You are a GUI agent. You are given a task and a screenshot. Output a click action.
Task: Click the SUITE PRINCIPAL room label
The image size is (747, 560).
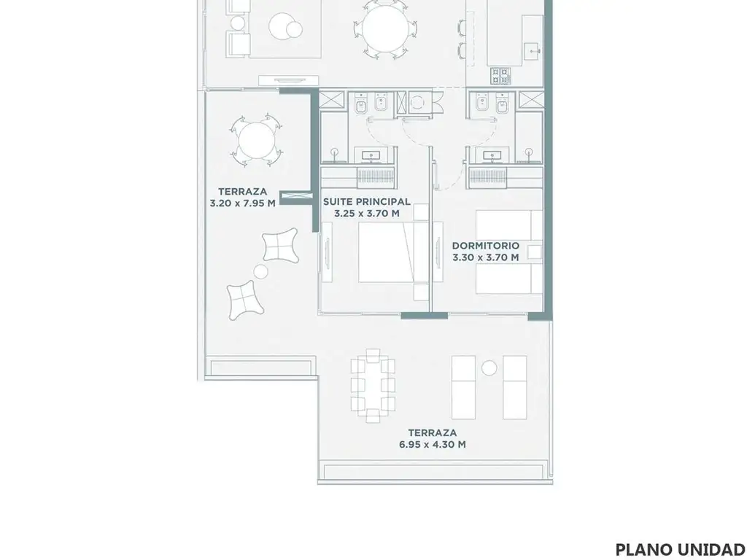pos(366,201)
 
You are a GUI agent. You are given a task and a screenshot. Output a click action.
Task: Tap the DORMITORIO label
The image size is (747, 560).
pos(485,246)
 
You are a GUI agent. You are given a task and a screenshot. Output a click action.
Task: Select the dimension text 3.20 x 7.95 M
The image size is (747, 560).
pos(242,203)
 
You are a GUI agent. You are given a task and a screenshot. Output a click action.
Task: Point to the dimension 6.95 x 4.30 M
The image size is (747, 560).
pos(432,444)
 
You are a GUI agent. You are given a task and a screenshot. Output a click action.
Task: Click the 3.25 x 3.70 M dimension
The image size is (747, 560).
pos(367,214)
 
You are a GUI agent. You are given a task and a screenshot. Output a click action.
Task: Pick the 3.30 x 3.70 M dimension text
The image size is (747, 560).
pos(485,257)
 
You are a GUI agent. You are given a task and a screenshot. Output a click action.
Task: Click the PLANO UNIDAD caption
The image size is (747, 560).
pos(681,550)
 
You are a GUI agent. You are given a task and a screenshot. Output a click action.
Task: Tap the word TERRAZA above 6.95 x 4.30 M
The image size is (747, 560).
pos(432,433)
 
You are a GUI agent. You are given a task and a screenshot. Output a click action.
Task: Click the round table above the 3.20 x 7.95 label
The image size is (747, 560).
pos(256,141)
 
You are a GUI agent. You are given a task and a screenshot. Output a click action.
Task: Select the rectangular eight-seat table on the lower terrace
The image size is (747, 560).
pos(373,386)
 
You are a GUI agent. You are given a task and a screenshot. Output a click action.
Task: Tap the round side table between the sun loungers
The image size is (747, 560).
pos(489,368)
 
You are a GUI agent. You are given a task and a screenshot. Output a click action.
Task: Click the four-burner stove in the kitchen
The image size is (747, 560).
pos(500,76)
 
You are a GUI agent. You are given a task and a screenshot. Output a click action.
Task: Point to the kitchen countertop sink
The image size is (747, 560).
pos(532,49)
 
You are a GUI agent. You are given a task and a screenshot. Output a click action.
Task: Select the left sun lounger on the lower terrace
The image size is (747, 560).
pos(463,388)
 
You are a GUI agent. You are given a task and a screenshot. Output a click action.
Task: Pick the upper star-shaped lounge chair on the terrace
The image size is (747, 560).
pos(280,245)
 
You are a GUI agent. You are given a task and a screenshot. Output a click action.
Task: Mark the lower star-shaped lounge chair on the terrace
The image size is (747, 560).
pos(244,300)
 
